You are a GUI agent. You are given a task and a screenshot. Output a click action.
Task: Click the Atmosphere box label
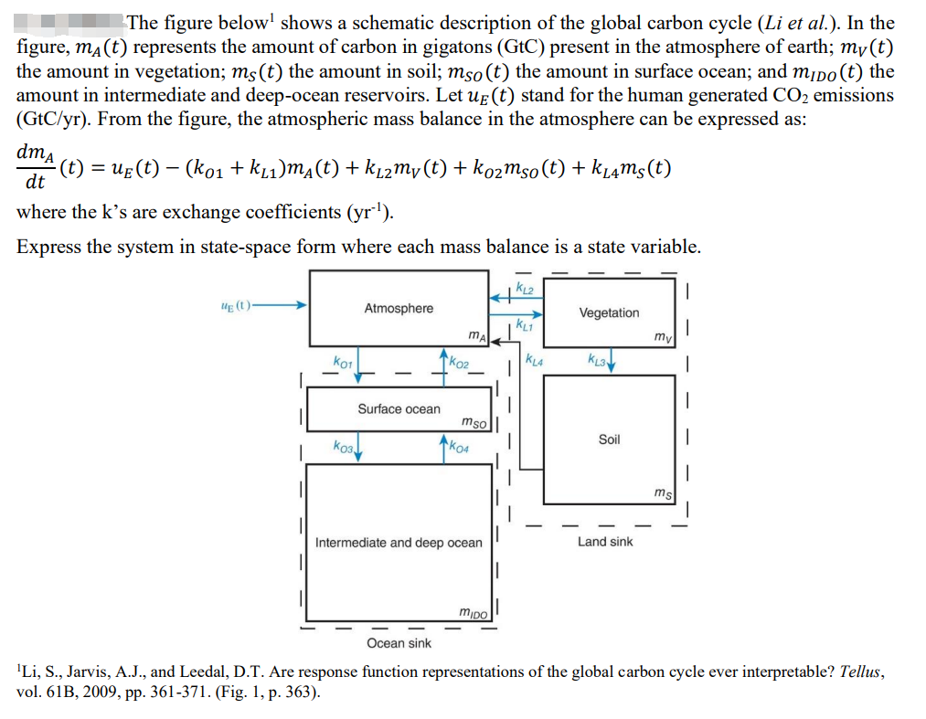pos(399,309)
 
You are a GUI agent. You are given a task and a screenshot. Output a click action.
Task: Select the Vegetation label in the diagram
pos(609,313)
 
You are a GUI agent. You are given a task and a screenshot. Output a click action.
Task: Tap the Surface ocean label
pos(399,409)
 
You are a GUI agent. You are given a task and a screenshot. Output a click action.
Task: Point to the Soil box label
pos(609,439)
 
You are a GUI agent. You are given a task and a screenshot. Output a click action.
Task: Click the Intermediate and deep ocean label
pos(399,543)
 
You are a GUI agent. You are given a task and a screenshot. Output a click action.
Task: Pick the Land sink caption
pos(605,542)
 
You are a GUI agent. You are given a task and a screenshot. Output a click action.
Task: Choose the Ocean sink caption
pos(399,643)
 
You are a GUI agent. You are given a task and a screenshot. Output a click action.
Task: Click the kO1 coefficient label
pos(342,363)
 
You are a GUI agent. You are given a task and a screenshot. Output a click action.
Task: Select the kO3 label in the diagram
pos(342,447)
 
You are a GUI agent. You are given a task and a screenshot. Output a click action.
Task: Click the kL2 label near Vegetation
pos(525,289)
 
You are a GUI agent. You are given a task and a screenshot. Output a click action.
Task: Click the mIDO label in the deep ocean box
pos(474,611)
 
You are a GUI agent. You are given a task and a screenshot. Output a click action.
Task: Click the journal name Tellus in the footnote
pos(862,671)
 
